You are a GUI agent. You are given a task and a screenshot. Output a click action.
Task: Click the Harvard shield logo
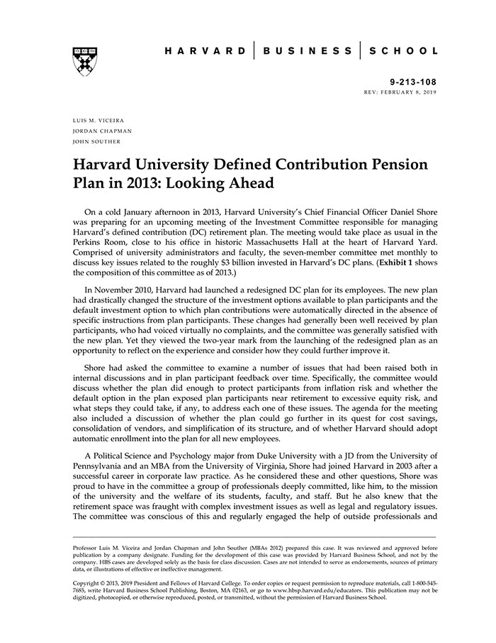point(84,61)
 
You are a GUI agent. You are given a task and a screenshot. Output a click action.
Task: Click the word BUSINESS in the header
point(308,51)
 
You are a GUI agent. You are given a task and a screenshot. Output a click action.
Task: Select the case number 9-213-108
point(413,82)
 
